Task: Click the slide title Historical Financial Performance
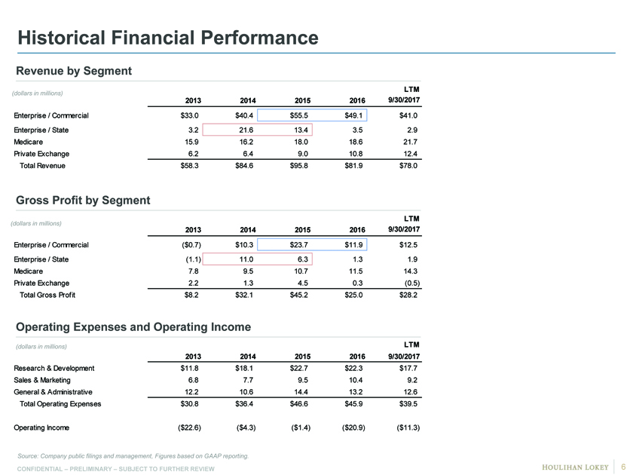tap(168, 38)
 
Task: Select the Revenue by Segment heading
tap(74, 71)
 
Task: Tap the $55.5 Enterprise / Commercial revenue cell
tap(298, 115)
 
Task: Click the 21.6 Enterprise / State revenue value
tap(246, 130)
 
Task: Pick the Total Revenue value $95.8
tap(298, 166)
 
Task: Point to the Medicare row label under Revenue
tap(29, 142)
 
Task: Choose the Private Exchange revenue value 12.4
tap(410, 154)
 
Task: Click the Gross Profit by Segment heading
tap(83, 201)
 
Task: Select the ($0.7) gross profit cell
tap(191, 245)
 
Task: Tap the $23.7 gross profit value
tap(298, 245)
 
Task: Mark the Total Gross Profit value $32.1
tap(244, 295)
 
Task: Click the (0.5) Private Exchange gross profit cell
tap(412, 283)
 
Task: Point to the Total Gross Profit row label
tap(47, 295)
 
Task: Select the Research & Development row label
tap(54, 369)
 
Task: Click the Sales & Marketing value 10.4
tap(356, 380)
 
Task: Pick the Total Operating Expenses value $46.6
tap(298, 404)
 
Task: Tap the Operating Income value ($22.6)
tap(189, 427)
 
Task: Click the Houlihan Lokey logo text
tap(575, 467)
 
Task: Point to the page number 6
tap(623, 467)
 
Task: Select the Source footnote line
tap(133, 456)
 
